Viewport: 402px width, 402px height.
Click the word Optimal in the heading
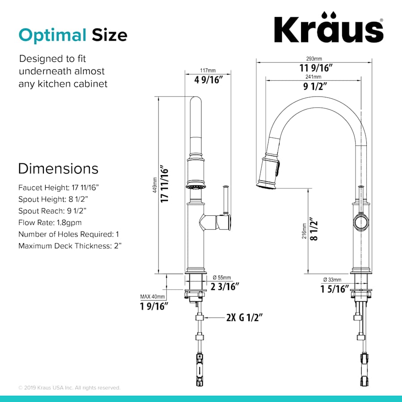pyautogui.click(x=52, y=35)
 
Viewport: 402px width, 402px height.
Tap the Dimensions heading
pyautogui.click(x=58, y=169)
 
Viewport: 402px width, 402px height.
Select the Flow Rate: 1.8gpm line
pyautogui.click(x=50, y=222)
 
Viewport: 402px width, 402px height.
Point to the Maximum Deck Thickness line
pyautogui.click(x=70, y=246)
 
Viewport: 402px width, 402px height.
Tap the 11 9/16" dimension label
pyautogui.click(x=316, y=68)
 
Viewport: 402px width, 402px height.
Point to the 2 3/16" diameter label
pyautogui.click(x=225, y=286)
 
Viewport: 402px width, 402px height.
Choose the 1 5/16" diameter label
pyautogui.click(x=334, y=289)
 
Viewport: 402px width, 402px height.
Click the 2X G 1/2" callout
pyautogui.click(x=243, y=318)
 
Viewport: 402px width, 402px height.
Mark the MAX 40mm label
pyautogui.click(x=153, y=297)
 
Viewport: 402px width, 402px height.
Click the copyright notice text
pyautogui.click(x=69, y=387)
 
